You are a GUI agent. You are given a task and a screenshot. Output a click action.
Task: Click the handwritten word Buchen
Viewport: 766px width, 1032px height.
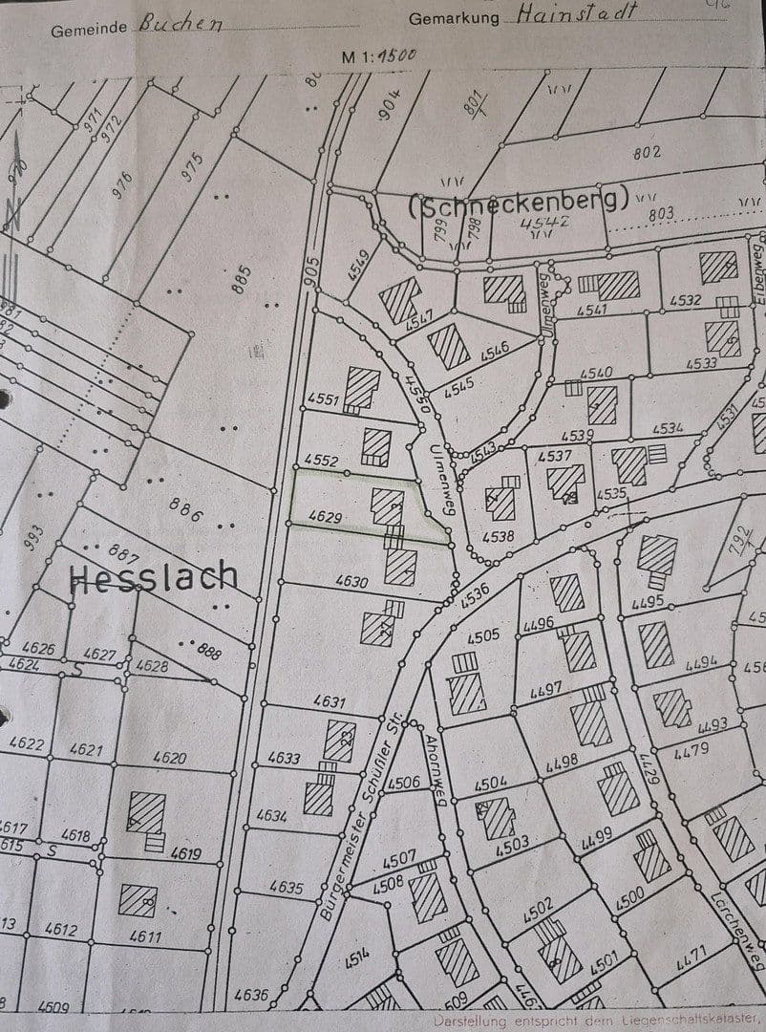pyautogui.click(x=181, y=23)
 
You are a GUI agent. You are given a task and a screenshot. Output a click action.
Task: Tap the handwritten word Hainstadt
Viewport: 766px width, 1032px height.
pyautogui.click(x=576, y=12)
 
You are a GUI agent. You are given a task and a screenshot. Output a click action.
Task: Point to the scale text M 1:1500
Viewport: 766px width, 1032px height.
pyautogui.click(x=379, y=55)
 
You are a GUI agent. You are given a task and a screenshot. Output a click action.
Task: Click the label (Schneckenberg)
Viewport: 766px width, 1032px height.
pyautogui.click(x=519, y=201)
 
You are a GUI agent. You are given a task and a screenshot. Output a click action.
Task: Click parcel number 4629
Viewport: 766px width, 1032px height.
pyautogui.click(x=325, y=517)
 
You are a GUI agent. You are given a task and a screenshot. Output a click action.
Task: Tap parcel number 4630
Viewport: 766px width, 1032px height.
pyautogui.click(x=351, y=580)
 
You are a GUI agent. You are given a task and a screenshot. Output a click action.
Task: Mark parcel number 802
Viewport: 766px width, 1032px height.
pyautogui.click(x=647, y=152)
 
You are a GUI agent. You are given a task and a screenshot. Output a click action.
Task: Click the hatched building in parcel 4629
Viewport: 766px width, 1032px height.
pyautogui.click(x=387, y=505)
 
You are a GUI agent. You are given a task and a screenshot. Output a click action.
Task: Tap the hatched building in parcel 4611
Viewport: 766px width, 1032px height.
pyautogui.click(x=138, y=899)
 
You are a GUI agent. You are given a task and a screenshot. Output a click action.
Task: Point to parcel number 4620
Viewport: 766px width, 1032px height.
pyautogui.click(x=169, y=758)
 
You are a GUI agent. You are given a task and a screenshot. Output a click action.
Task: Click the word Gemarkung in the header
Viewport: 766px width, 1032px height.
pyautogui.click(x=454, y=19)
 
